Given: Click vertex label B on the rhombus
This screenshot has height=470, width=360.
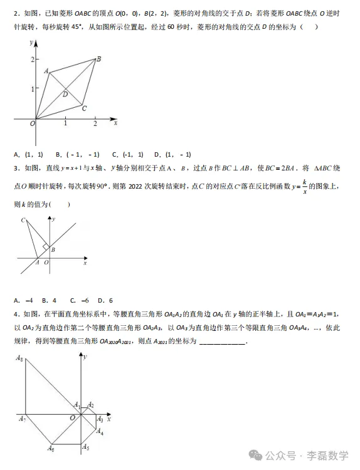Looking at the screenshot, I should click(x=99, y=58).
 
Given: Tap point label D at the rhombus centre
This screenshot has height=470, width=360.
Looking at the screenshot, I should click(x=65, y=94).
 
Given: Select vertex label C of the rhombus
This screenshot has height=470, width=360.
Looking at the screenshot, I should click(x=83, y=108).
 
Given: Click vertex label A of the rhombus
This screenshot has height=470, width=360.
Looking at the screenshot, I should click(x=46, y=71).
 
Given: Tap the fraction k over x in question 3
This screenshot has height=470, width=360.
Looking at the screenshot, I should click(x=304, y=187).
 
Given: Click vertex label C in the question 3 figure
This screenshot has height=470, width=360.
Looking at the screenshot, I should click(x=23, y=220).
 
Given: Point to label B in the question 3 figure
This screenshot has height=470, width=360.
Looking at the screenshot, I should click(x=53, y=250).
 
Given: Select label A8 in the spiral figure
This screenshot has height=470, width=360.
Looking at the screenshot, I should click(x=20, y=359).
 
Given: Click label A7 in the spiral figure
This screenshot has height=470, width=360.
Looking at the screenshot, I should click(x=21, y=419).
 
